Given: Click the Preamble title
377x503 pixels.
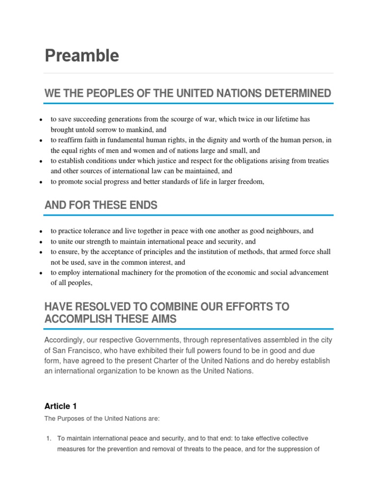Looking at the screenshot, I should (x=81, y=56).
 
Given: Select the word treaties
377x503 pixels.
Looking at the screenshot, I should (x=317, y=161).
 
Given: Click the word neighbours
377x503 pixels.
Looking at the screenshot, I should (x=283, y=231).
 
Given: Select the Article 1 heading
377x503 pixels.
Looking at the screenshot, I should (x=60, y=406).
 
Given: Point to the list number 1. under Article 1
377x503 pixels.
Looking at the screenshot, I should (x=48, y=438).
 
